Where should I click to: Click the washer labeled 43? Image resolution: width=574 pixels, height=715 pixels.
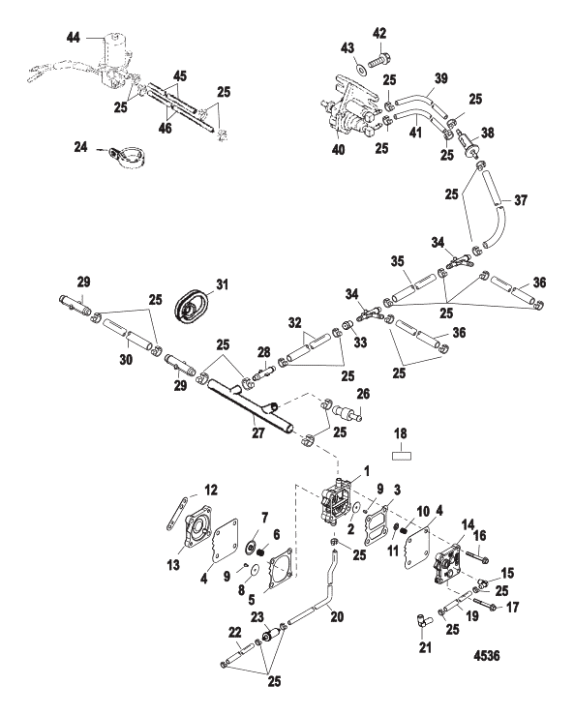(360, 71)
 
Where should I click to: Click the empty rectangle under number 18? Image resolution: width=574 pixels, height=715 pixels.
(401, 452)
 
